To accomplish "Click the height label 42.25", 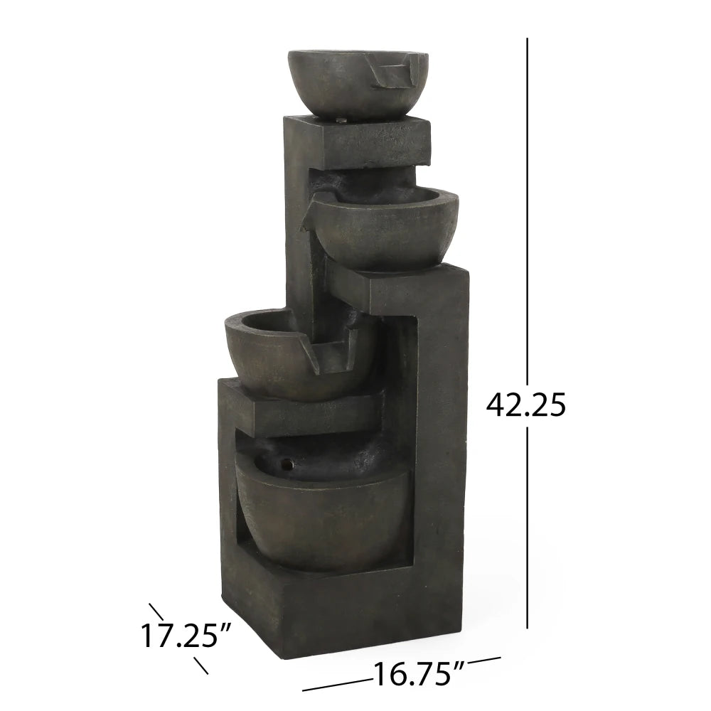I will point(526,405).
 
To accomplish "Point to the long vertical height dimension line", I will point(527,213).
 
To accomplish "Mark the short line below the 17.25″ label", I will point(201,665).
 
